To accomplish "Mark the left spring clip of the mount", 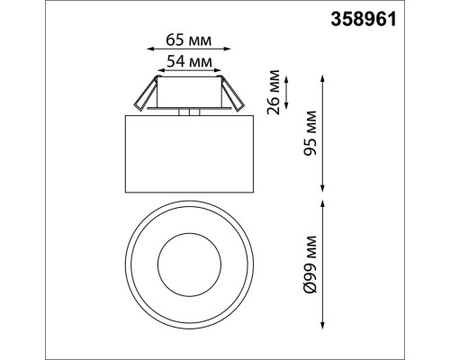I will coord(145,94).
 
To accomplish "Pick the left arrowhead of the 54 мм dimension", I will coord(154,73).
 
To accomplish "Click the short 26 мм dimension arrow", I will coord(288,90).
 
